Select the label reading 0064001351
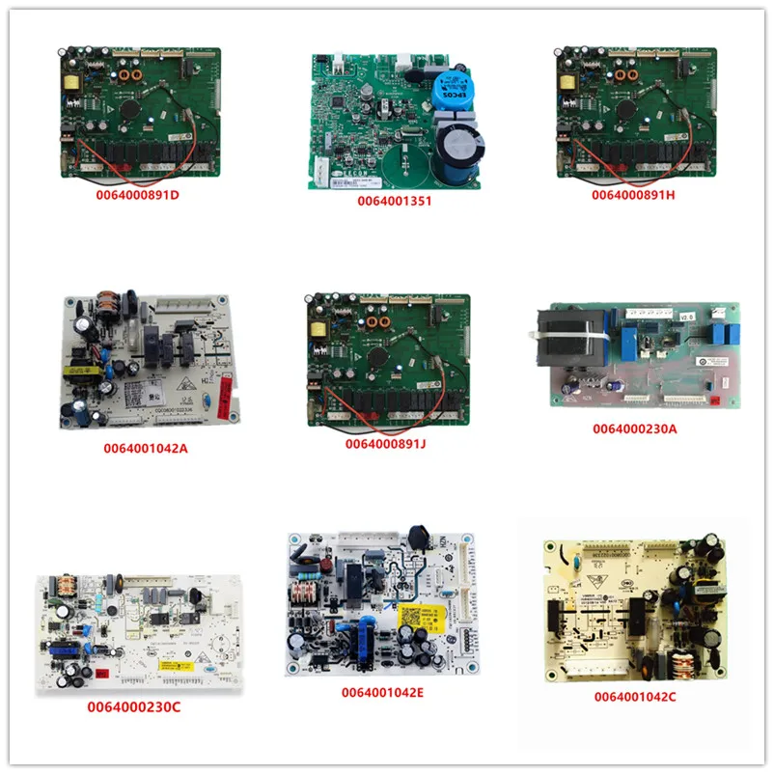(x=394, y=202)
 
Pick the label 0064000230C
(x=133, y=707)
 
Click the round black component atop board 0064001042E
(x=419, y=536)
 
